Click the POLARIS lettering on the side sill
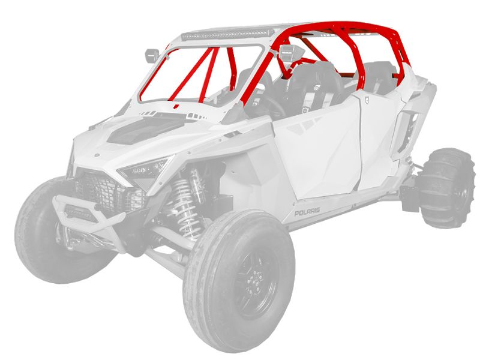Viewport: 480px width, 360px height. (307, 211)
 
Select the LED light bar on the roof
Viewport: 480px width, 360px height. (227, 34)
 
